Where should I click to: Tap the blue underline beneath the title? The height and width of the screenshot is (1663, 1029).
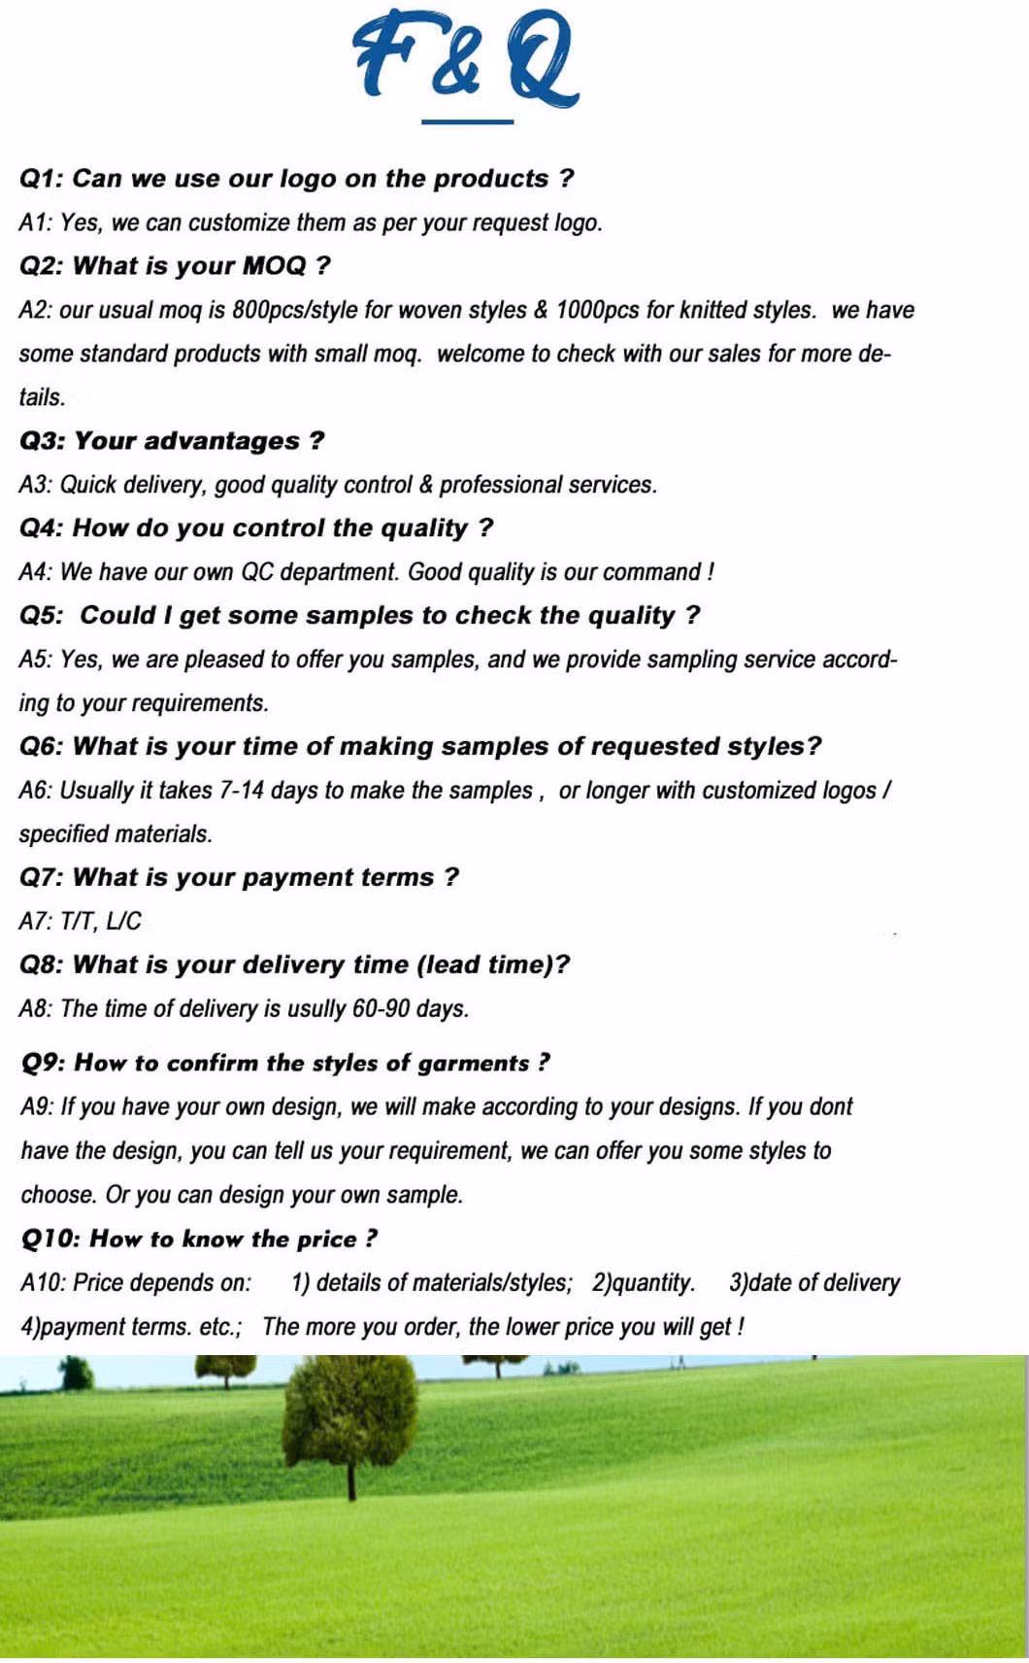click(x=467, y=122)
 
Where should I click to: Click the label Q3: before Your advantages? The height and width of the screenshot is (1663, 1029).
click(x=43, y=441)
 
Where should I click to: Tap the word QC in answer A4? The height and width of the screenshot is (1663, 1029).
click(x=257, y=572)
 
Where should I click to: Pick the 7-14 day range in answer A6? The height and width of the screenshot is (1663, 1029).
click(x=242, y=791)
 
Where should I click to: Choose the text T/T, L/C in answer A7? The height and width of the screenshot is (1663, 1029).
click(x=101, y=922)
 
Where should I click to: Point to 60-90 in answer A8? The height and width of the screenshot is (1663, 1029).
click(x=381, y=1009)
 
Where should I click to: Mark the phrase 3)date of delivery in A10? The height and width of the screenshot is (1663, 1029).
click(x=814, y=1283)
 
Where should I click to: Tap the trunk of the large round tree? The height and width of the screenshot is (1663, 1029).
click(x=351, y=1481)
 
